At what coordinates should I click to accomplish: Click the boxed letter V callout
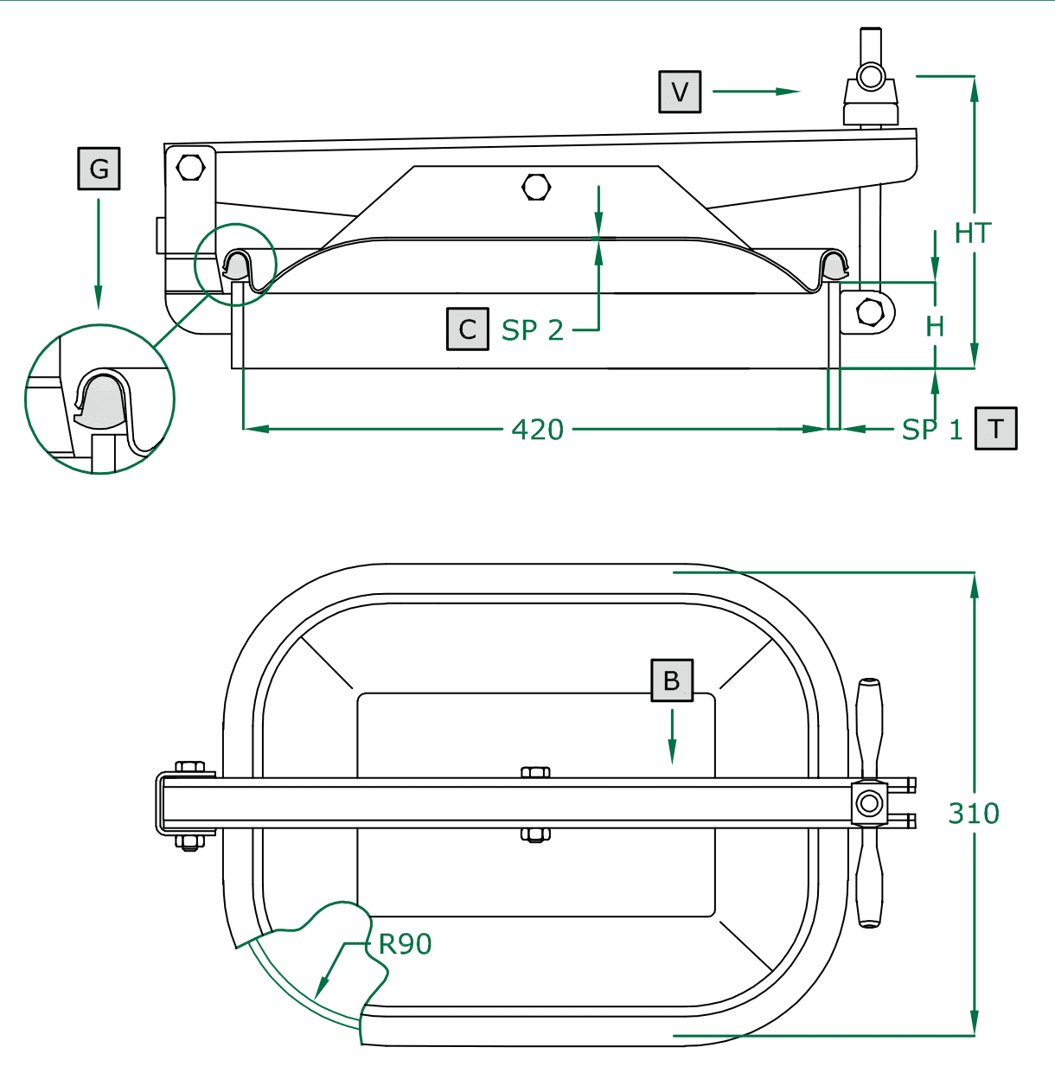click(680, 92)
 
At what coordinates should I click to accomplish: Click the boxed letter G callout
click(99, 169)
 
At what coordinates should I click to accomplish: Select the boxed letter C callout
click(468, 329)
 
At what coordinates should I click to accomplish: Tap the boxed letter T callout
click(996, 429)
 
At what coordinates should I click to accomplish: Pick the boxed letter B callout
click(672, 680)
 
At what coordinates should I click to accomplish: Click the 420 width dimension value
click(537, 430)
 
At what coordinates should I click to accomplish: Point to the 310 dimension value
click(974, 814)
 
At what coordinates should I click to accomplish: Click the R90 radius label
click(405, 944)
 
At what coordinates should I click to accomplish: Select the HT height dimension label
click(973, 233)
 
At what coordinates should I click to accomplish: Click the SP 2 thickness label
click(533, 330)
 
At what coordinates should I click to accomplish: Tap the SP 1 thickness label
click(931, 430)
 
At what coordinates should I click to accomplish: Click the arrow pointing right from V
click(757, 91)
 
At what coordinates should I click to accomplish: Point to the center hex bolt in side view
click(537, 187)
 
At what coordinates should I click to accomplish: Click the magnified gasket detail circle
click(100, 399)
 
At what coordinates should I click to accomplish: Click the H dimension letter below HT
click(935, 327)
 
